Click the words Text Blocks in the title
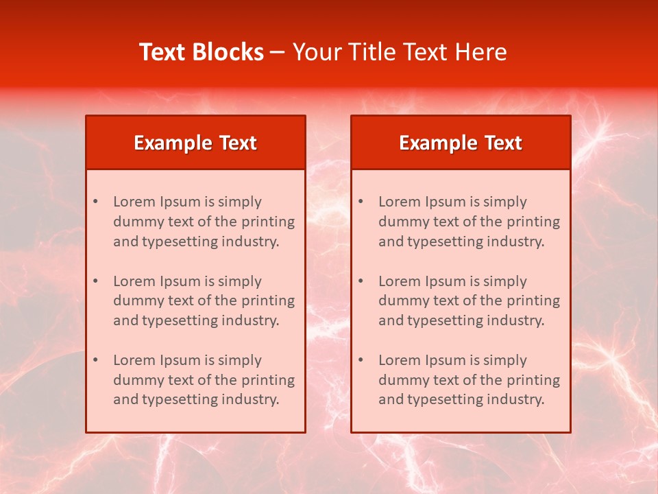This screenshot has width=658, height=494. pyautogui.click(x=202, y=52)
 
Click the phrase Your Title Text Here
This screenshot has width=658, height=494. pyautogui.click(x=400, y=52)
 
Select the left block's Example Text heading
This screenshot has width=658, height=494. pyautogui.click(x=195, y=143)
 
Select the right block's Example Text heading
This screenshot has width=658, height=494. pyautogui.click(x=461, y=143)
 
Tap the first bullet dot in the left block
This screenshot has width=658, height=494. pyautogui.click(x=95, y=202)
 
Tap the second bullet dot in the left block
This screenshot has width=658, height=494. pyautogui.click(x=95, y=281)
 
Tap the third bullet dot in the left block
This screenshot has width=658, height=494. pyautogui.click(x=95, y=360)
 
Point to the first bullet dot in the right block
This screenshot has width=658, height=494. pyautogui.click(x=361, y=202)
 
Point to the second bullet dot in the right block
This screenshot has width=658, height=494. pyautogui.click(x=361, y=281)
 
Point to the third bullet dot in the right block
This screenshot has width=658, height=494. pyautogui.click(x=361, y=360)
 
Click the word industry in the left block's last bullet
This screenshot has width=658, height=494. pyautogui.click(x=250, y=399)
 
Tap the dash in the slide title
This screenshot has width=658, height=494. pyautogui.click(x=278, y=52)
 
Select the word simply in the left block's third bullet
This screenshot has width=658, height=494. pyautogui.click(x=240, y=360)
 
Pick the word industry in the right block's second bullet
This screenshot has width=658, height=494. pyautogui.click(x=515, y=320)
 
